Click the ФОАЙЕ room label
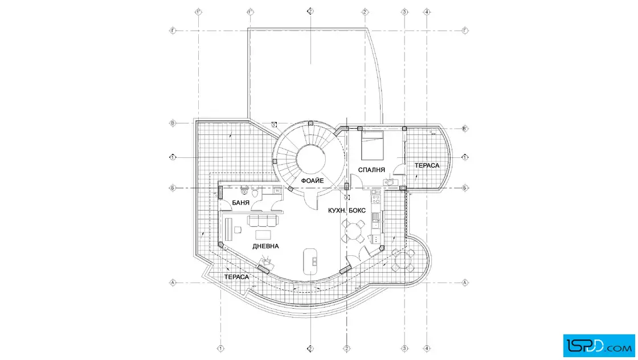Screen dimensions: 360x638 (x=312, y=181)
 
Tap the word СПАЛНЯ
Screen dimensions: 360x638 (x=372, y=170)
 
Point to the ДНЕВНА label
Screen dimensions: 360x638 (x=265, y=246)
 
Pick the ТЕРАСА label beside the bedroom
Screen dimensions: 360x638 (x=427, y=165)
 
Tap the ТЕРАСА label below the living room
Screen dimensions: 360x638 (x=236, y=276)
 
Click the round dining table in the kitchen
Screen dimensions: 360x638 (x=354, y=231)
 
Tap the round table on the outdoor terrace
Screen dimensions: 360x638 (x=403, y=261)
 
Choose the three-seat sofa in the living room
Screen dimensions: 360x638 (x=263, y=220)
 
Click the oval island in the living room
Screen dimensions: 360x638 (x=311, y=260)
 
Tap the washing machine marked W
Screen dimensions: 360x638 (x=277, y=191)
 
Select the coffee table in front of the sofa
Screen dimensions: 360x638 (x=264, y=235)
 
